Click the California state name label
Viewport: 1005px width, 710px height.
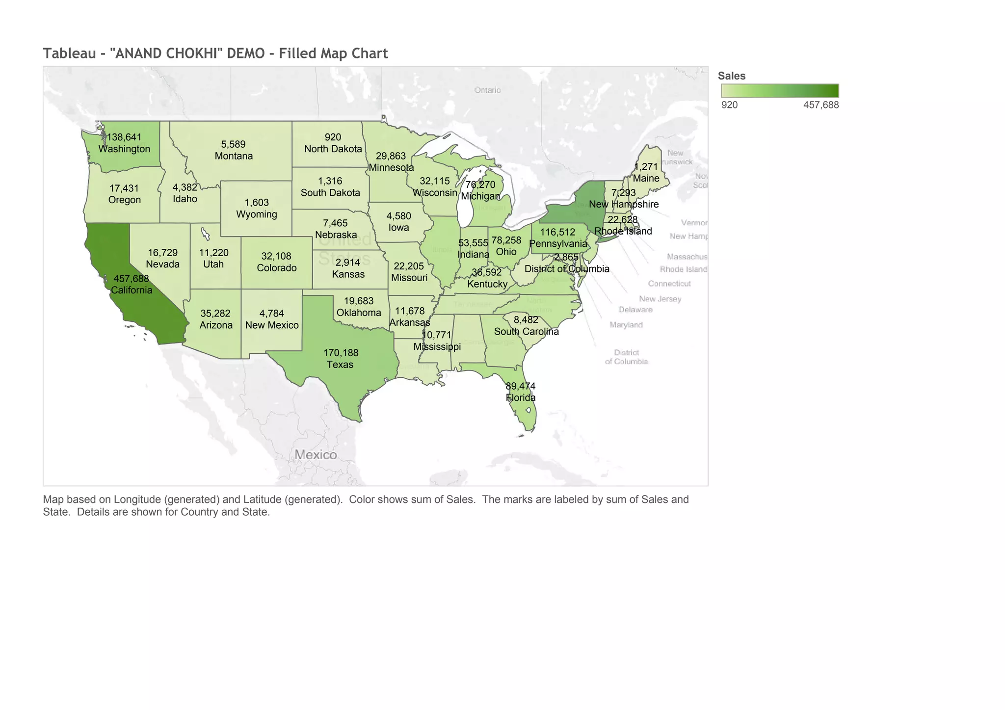tap(132, 290)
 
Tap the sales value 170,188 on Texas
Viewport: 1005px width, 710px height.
tap(341, 352)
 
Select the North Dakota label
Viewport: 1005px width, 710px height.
tap(333, 149)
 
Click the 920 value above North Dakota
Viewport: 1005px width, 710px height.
tap(333, 137)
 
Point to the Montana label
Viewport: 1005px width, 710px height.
tap(234, 156)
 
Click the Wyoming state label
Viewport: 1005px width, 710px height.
tap(256, 214)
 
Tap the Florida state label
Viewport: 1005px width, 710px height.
tap(521, 397)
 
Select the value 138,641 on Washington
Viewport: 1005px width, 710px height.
tap(124, 137)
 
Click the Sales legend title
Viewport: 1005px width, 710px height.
tap(731, 76)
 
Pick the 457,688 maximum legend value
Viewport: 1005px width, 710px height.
tap(820, 105)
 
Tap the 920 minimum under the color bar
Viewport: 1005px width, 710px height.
tap(729, 105)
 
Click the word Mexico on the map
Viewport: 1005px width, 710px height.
tap(316, 455)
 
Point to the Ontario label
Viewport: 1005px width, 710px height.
tap(487, 90)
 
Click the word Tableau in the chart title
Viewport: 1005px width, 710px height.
tap(69, 53)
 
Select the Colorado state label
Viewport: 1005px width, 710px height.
tap(276, 268)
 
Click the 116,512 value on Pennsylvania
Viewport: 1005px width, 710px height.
tap(557, 232)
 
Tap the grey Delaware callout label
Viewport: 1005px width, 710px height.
tap(635, 310)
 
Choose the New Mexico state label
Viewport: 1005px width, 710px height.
tap(272, 325)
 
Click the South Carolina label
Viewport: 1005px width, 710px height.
tap(526, 332)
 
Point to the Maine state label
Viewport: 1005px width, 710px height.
tap(646, 179)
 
